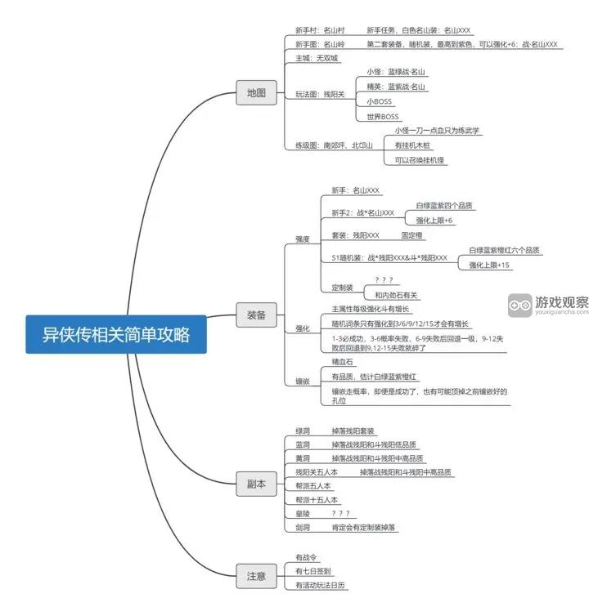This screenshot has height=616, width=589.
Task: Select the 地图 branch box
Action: click(256, 93)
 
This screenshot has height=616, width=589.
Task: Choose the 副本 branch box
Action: click(256, 484)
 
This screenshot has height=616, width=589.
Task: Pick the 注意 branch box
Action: click(256, 575)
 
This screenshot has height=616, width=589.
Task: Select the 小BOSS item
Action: click(380, 101)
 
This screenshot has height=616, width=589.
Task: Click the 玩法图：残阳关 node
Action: click(320, 94)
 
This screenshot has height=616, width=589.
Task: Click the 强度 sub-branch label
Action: click(303, 239)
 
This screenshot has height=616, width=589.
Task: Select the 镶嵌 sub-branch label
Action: click(303, 381)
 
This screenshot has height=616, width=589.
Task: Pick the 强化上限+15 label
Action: click(490, 266)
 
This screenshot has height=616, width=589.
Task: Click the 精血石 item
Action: click(343, 361)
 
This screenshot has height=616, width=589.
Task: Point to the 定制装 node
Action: click(342, 288)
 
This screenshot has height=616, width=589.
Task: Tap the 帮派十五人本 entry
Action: click(317, 499)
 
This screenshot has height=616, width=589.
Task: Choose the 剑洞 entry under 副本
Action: click(303, 528)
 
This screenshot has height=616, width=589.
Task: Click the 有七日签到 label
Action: click(313, 571)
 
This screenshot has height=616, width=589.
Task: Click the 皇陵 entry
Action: click(303, 514)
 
